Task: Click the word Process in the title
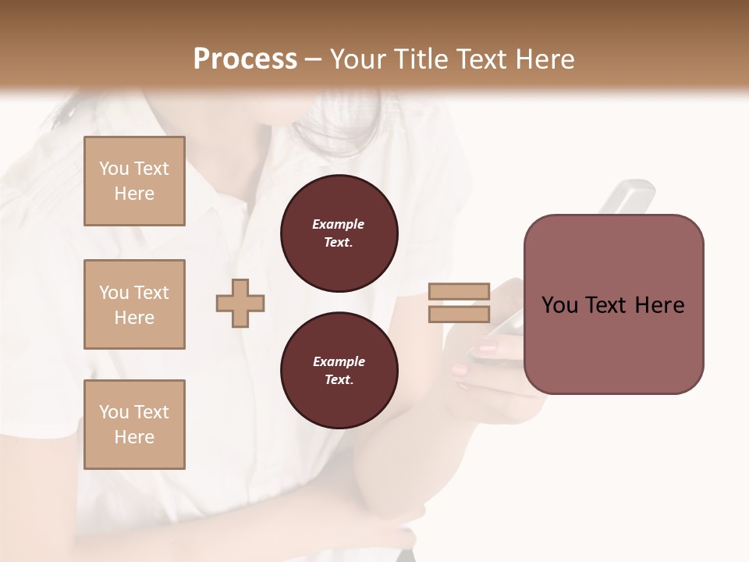(x=245, y=59)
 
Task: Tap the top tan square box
(x=134, y=181)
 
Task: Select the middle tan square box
(x=134, y=304)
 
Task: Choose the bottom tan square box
(x=134, y=425)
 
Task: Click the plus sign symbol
(x=240, y=303)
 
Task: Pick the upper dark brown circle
(x=339, y=233)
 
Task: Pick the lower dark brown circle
(x=339, y=370)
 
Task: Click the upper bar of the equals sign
(x=459, y=292)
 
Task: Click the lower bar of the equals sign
(x=459, y=314)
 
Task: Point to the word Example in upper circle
(x=339, y=224)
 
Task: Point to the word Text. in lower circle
(x=339, y=379)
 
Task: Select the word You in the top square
(x=113, y=169)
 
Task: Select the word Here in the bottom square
(x=134, y=437)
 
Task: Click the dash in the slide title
(x=314, y=59)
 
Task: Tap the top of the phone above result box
(x=632, y=192)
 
